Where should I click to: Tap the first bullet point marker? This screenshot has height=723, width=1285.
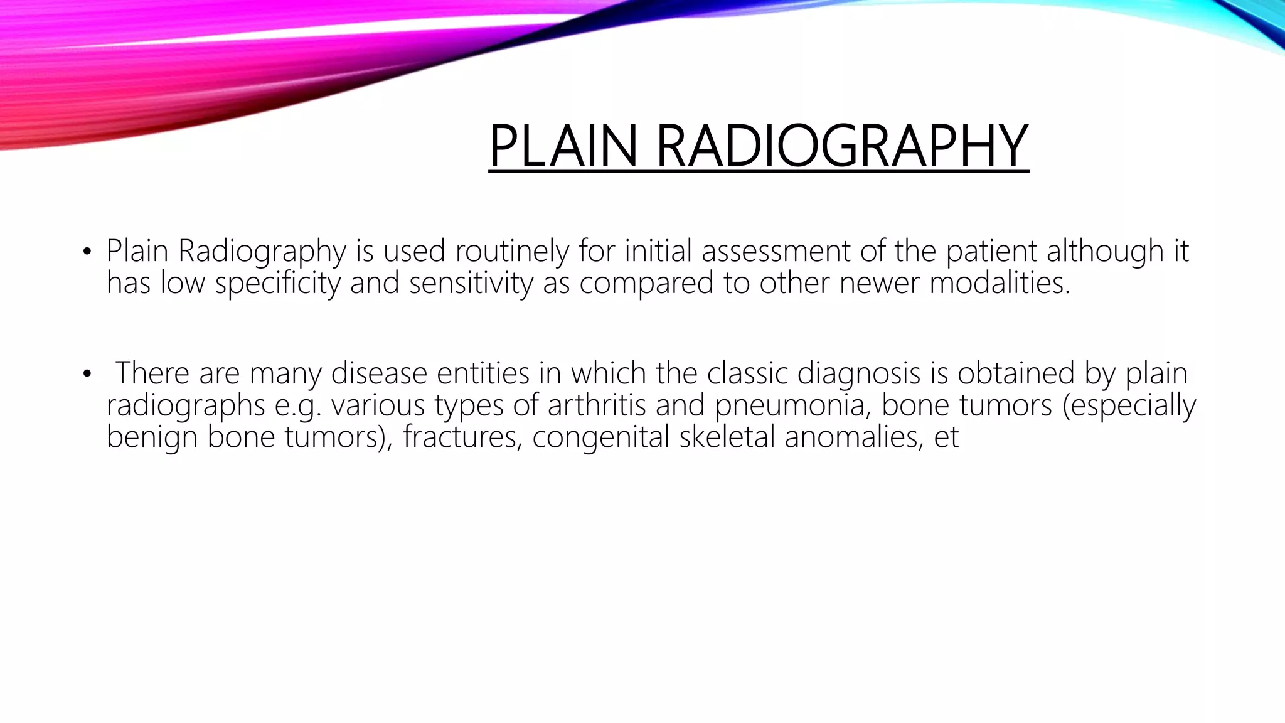click(x=87, y=253)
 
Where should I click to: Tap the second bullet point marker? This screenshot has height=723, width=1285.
click(x=87, y=375)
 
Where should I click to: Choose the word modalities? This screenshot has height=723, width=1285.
click(x=999, y=282)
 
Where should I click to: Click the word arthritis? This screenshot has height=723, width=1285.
click(x=597, y=405)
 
